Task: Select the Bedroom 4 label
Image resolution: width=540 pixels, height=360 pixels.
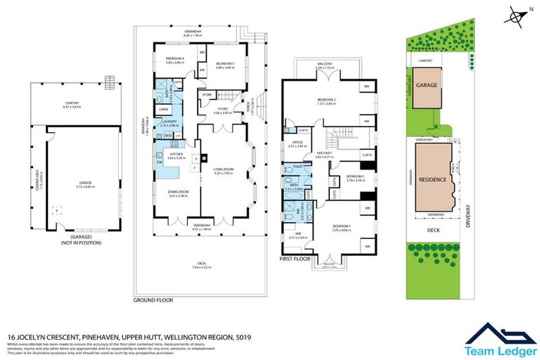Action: [174, 60]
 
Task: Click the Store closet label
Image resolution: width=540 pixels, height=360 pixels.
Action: [207, 94]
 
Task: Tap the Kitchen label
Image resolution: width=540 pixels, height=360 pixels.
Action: [175, 156]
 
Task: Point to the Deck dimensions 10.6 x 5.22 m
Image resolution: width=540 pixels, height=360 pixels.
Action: [200, 267]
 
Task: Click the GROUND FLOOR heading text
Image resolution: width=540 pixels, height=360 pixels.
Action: [153, 300]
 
